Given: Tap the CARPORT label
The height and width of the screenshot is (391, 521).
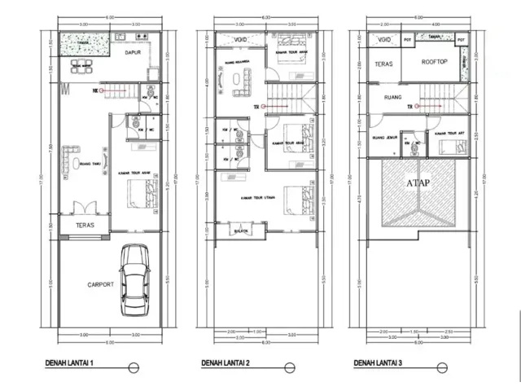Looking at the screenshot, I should (x=88, y=285).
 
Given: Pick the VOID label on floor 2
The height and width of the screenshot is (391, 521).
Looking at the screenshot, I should (x=240, y=39).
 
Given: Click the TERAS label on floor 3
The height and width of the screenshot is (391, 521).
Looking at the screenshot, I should (x=384, y=64).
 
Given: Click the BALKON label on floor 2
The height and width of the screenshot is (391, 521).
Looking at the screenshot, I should (x=242, y=230).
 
